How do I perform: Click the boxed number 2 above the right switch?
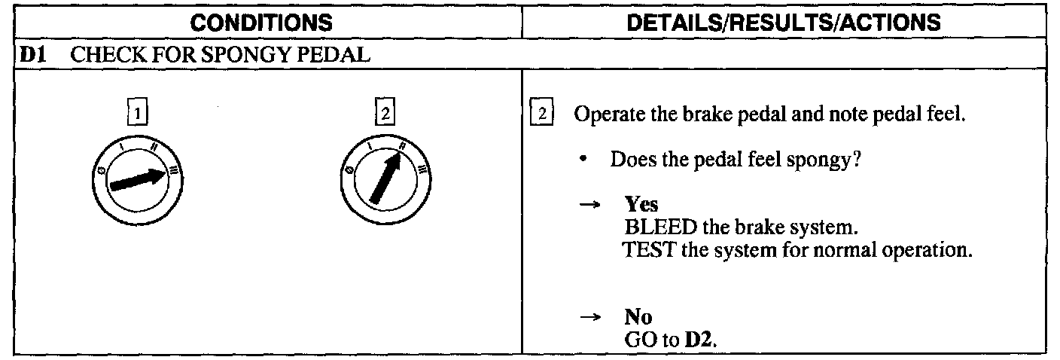coord(385,115)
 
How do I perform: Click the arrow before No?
coord(592,319)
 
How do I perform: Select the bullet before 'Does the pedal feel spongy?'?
coord(593,161)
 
